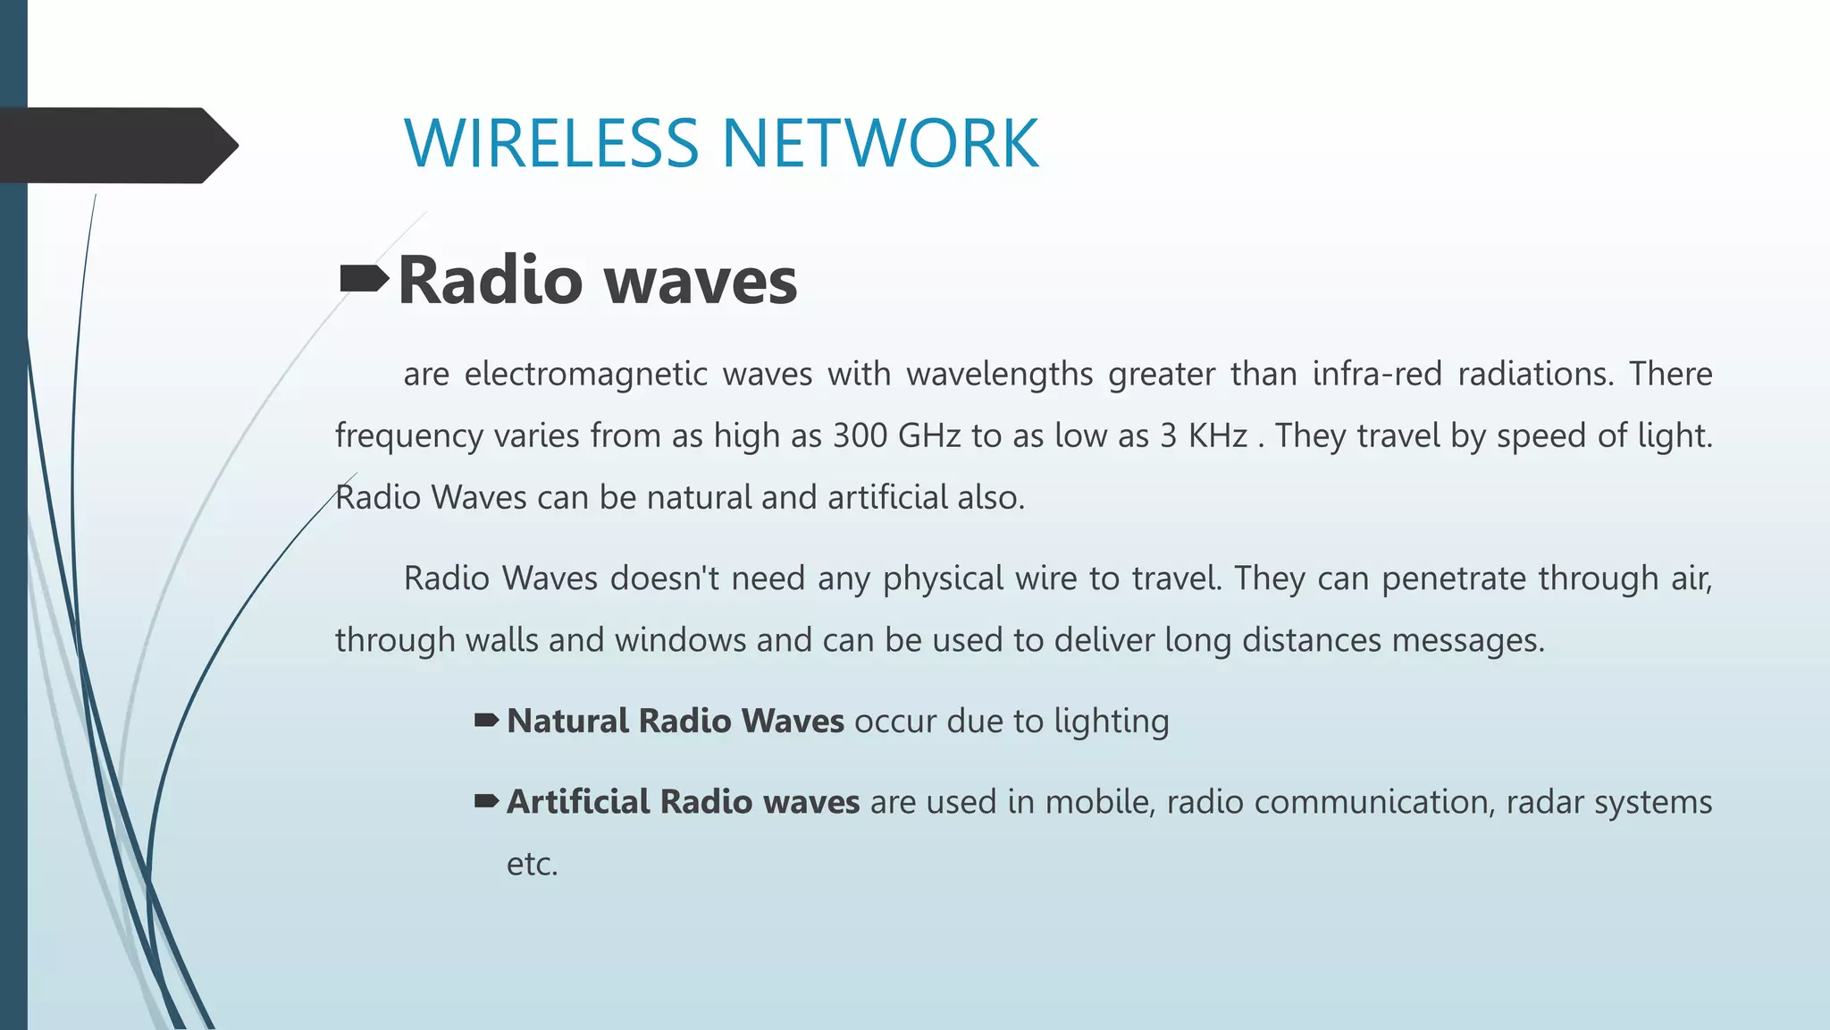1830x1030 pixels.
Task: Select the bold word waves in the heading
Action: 701,281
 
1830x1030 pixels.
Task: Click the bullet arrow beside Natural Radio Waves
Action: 486,721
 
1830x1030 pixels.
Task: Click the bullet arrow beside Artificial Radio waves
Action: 486,801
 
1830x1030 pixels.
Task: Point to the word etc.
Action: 532,865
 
